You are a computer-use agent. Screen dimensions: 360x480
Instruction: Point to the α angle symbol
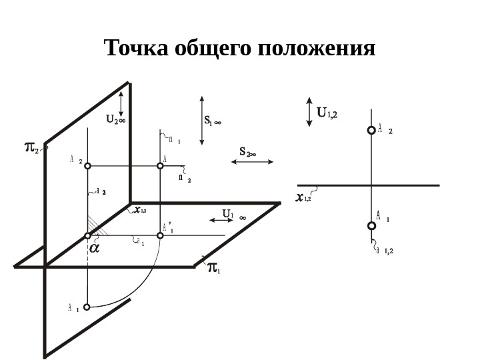94,247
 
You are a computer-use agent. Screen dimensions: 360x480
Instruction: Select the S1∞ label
213,121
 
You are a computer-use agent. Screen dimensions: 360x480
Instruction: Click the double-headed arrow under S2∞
252,161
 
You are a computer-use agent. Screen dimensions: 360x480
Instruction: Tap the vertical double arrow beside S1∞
201,119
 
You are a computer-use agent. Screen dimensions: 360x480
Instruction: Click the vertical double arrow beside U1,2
309,112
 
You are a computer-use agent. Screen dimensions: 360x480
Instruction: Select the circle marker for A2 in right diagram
372,131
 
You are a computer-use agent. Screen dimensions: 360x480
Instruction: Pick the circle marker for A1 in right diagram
372,226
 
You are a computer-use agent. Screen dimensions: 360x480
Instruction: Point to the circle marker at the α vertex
88,235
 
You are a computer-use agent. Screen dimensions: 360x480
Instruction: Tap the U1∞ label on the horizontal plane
233,215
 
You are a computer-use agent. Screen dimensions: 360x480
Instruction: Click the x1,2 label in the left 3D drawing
141,210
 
